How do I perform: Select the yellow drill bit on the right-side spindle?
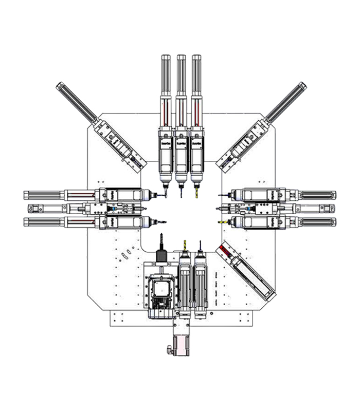point(223,222)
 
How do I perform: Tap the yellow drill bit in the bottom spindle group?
point(184,244)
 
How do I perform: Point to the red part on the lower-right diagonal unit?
point(225,251)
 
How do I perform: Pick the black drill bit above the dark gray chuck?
point(161,239)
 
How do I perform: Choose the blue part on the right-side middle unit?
point(249,209)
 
